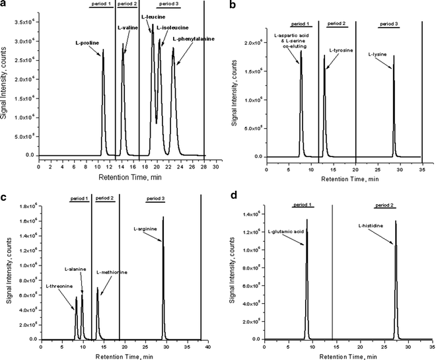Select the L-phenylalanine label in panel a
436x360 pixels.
point(193,39)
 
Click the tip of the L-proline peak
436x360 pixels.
point(103,50)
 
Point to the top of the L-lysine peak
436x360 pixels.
point(394,56)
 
